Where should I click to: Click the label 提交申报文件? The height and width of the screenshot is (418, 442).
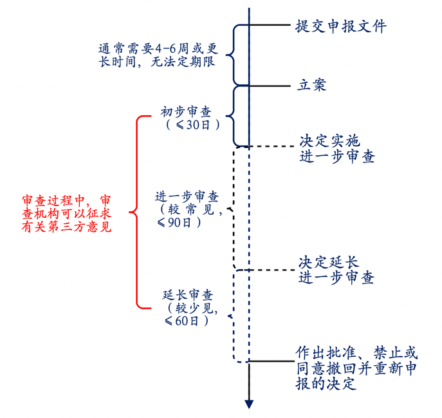coord(341,26)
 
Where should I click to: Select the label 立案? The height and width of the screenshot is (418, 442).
coord(311,84)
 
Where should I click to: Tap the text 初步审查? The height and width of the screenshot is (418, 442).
coord(186,112)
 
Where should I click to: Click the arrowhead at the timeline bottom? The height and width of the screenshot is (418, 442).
coord(248,404)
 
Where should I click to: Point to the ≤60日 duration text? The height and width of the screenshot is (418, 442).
coord(187,320)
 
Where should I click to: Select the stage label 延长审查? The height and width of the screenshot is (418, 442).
coord(187,295)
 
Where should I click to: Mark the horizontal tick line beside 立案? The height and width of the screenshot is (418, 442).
coord(270,85)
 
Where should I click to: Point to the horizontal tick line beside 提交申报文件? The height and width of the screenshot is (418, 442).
coord(270,26)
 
